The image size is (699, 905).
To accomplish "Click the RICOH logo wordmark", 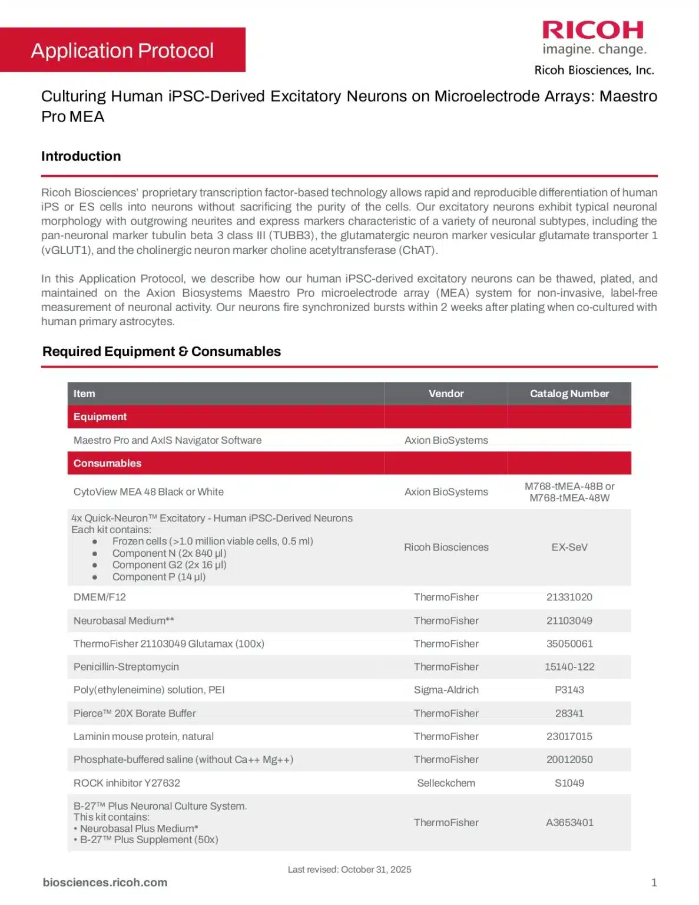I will [x=592, y=30].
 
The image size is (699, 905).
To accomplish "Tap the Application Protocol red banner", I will [x=122, y=51].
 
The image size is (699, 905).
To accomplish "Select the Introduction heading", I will [x=81, y=156].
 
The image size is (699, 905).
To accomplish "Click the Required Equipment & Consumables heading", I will [x=161, y=352].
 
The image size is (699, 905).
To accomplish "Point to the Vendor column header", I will [x=446, y=394].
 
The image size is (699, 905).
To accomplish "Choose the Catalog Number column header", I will [x=569, y=394].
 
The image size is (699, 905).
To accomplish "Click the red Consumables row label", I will [x=107, y=463].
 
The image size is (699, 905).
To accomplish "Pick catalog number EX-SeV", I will [x=569, y=547].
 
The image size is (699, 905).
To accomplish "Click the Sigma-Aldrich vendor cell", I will [x=446, y=690].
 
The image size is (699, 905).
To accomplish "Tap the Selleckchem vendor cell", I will [x=446, y=783].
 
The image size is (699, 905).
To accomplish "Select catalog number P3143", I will [x=569, y=690].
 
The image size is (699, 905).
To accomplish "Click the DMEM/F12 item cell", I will [x=100, y=597].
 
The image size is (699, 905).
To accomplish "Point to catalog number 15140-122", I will [x=569, y=667].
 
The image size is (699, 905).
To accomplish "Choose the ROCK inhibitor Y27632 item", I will [x=127, y=783].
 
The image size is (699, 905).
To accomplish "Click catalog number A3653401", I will [x=569, y=823].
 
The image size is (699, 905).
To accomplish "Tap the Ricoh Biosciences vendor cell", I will [x=446, y=547].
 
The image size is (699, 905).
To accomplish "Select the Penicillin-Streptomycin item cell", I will [x=126, y=667].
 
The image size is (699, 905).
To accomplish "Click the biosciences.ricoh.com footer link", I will [x=105, y=883].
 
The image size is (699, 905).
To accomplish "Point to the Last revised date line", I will [x=349, y=870].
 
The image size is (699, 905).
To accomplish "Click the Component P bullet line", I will [x=158, y=577].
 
